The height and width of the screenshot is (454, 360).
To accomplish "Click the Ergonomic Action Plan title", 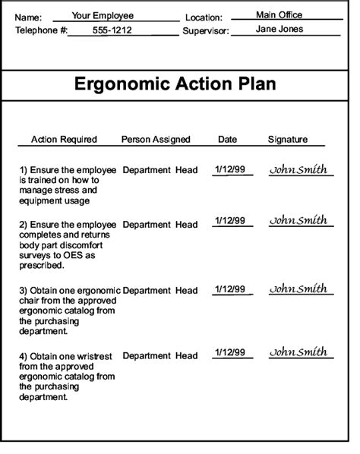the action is click(x=175, y=84).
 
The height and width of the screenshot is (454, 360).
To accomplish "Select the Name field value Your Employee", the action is click(x=103, y=15).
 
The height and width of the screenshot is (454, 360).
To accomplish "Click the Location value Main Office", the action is click(x=279, y=14).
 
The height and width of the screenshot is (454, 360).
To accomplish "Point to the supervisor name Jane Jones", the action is click(x=279, y=29).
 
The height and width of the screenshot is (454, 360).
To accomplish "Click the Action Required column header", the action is click(x=64, y=140).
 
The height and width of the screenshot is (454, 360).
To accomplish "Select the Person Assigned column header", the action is click(x=156, y=140).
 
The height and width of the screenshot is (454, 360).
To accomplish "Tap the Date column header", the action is click(x=228, y=140).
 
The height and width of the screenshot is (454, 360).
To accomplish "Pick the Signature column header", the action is click(x=288, y=140).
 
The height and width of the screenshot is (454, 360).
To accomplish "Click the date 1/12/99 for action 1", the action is click(x=229, y=169).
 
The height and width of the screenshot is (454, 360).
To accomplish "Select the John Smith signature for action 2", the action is click(x=298, y=220).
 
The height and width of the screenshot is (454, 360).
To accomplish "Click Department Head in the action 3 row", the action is click(x=159, y=291).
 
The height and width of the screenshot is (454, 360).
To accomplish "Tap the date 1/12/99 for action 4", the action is click(x=229, y=353).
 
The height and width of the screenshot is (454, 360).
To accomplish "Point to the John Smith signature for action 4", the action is click(x=298, y=352).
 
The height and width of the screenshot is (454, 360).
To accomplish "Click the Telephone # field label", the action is click(x=42, y=30).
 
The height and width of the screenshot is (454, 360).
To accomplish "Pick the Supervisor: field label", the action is click(x=205, y=30).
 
